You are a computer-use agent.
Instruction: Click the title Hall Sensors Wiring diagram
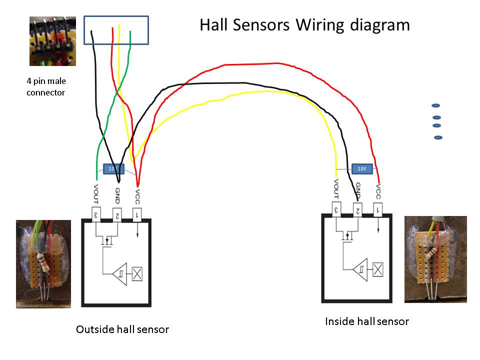click(x=304, y=25)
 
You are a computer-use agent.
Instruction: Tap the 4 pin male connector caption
click(x=46, y=86)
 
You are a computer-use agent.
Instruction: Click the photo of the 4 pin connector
click(x=52, y=41)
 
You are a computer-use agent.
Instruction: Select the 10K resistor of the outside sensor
click(x=113, y=169)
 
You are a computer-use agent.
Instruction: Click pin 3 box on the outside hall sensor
click(x=97, y=214)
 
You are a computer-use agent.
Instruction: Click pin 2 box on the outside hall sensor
click(x=116, y=214)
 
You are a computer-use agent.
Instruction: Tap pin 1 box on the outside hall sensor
click(x=137, y=214)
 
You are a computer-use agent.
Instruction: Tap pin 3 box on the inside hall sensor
click(x=337, y=208)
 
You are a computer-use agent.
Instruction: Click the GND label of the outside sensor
click(x=117, y=194)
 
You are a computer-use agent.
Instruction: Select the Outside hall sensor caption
click(x=122, y=329)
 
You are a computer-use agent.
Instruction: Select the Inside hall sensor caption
click(x=367, y=321)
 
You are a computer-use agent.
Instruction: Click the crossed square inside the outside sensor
click(x=137, y=273)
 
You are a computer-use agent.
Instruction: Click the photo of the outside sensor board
click(x=43, y=263)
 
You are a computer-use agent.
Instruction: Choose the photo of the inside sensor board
click(x=435, y=259)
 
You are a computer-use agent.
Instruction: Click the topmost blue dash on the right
click(x=435, y=105)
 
